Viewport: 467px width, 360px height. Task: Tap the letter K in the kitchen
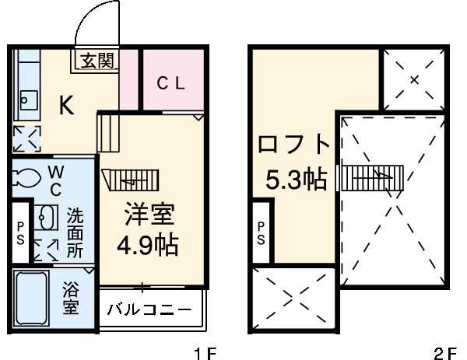(67, 107)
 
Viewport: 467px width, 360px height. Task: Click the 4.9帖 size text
(147, 246)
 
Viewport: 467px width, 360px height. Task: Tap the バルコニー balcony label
(149, 309)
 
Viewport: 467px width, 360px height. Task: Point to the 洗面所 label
(75, 231)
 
